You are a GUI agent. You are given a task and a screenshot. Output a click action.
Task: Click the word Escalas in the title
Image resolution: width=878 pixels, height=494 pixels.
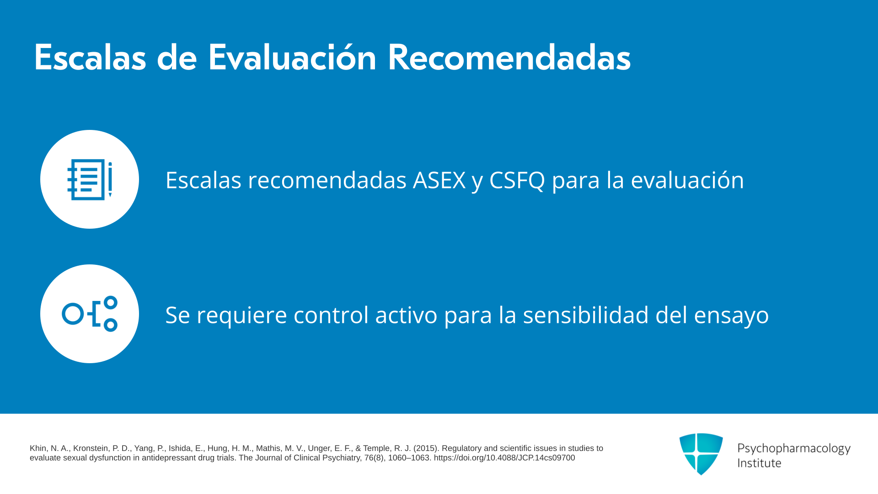(x=90, y=58)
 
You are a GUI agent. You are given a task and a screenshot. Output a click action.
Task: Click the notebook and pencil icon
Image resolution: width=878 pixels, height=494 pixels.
(x=90, y=179)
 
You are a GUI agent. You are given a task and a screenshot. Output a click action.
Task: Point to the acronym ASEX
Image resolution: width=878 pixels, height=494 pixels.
(x=439, y=180)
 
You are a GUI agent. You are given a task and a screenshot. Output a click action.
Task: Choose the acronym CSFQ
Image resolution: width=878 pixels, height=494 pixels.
(x=517, y=180)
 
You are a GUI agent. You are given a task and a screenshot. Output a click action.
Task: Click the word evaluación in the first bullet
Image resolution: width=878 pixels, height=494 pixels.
(x=687, y=179)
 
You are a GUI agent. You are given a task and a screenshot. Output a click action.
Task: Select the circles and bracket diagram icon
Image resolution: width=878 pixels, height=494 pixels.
(x=90, y=314)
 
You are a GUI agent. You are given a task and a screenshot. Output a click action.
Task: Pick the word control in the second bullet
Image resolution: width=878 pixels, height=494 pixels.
(x=331, y=315)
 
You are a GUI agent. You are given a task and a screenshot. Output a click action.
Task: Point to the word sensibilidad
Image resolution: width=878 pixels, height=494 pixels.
(x=586, y=315)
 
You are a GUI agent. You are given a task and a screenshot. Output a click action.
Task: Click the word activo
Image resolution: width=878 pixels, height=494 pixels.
(x=406, y=315)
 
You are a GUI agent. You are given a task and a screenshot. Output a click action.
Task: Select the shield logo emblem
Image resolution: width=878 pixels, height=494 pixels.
(x=701, y=454)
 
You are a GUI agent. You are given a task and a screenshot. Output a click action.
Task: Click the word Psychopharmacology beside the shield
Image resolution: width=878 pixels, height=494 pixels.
(x=794, y=449)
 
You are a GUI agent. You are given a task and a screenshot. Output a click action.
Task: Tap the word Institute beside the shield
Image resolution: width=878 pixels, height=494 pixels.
(x=759, y=463)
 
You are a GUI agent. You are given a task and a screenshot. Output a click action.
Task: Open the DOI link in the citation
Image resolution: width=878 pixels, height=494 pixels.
(x=504, y=458)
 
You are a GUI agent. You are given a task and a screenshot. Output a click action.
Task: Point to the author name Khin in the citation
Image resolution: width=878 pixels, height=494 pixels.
(x=38, y=448)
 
